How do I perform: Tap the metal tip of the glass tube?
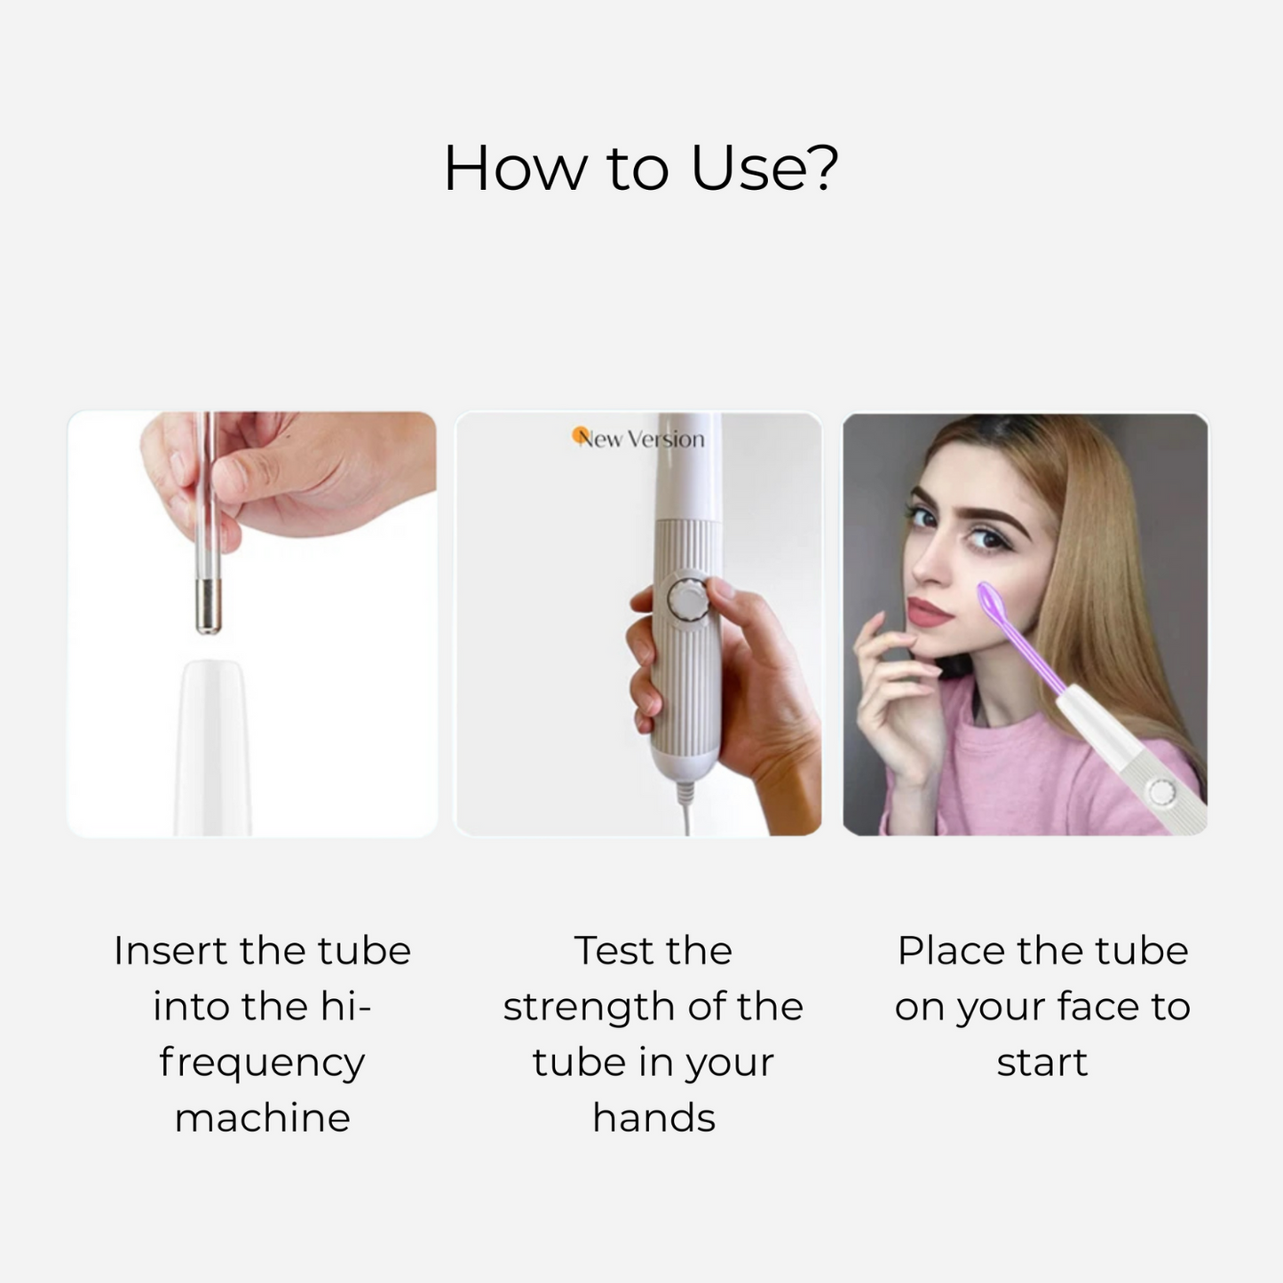[209, 606]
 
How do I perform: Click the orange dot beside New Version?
[580, 435]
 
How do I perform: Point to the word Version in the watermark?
[666, 440]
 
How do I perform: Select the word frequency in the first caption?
[262, 1064]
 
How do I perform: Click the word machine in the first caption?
[262, 1118]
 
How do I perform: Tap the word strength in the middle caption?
[590, 1009]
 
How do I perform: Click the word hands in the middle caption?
[653, 1118]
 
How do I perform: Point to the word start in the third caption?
[1042, 1063]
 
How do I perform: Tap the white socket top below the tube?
[211, 746]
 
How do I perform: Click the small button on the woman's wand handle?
[1162, 792]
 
